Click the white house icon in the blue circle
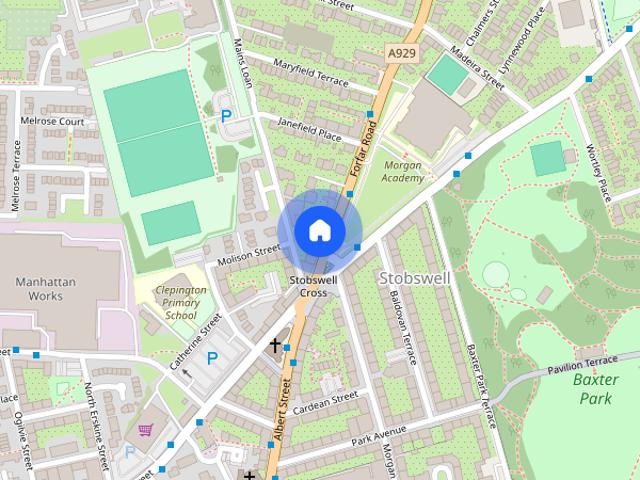point(318,230)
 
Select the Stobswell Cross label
point(309,286)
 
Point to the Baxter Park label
point(597,388)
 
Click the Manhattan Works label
point(45,290)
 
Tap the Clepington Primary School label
point(181,302)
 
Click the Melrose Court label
point(51,121)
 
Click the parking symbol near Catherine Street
point(212,357)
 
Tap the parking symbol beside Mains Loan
point(226,116)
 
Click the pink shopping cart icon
point(146,430)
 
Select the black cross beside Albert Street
point(275,345)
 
